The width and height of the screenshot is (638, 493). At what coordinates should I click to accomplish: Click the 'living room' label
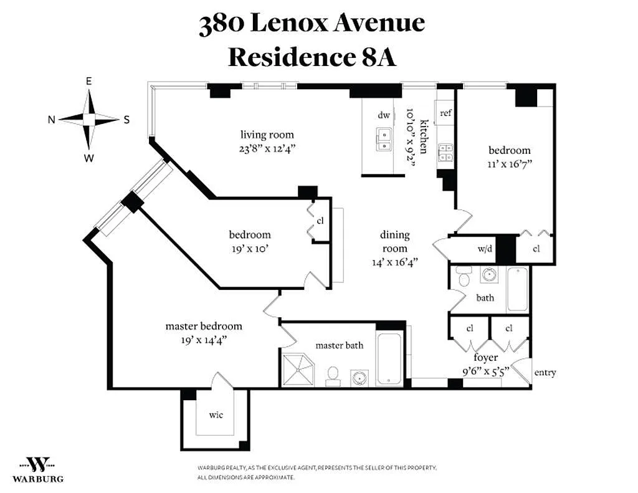[x=267, y=135]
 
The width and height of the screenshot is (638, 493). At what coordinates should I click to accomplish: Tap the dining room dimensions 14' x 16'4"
[x=394, y=262]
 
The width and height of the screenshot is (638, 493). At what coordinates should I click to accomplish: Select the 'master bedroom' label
[x=204, y=326]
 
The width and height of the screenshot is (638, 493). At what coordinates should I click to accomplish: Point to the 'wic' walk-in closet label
[x=216, y=415]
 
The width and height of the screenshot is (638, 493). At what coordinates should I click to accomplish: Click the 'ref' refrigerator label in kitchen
[x=445, y=113]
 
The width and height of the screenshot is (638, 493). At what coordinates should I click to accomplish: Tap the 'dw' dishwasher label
[x=384, y=115]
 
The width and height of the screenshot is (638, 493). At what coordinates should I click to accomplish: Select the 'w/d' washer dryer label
[x=485, y=248]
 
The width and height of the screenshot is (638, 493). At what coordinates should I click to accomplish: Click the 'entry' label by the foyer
[x=545, y=373]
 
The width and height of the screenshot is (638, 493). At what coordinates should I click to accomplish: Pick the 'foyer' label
[x=485, y=357]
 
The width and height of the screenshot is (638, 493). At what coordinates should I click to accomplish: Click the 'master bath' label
[x=340, y=345]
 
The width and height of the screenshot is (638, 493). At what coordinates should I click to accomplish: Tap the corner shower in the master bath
[x=299, y=369]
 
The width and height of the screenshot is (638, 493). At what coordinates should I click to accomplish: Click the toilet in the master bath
[x=333, y=376]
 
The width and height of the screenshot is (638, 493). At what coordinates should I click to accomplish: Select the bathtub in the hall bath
[x=517, y=289]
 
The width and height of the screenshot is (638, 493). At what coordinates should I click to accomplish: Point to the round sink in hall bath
[x=490, y=275]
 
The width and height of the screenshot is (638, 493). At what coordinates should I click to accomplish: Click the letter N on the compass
[x=52, y=119]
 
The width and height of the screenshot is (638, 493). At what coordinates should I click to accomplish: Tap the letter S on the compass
[x=126, y=120]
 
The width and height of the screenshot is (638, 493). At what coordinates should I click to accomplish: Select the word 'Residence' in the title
[x=292, y=57]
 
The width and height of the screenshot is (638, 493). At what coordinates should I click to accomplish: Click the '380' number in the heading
[x=222, y=24]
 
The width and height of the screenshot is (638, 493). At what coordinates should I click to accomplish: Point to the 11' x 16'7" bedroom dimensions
[x=510, y=164]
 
